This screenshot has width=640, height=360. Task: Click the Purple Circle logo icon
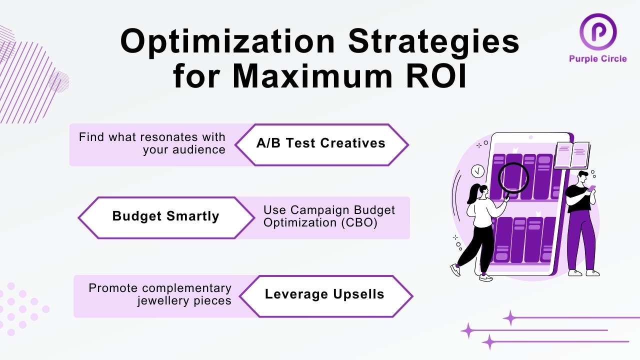point(597,31)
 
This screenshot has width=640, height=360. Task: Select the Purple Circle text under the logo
point(597,59)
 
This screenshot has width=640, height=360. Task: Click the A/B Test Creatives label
point(321,143)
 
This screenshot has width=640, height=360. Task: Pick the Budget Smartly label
point(165,216)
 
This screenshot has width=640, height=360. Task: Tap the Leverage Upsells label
point(324,294)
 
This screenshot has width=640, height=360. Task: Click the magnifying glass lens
point(513,177)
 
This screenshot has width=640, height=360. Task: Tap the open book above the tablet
point(571,155)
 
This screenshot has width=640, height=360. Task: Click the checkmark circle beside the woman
point(477,171)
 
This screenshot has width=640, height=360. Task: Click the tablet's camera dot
point(531,137)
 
